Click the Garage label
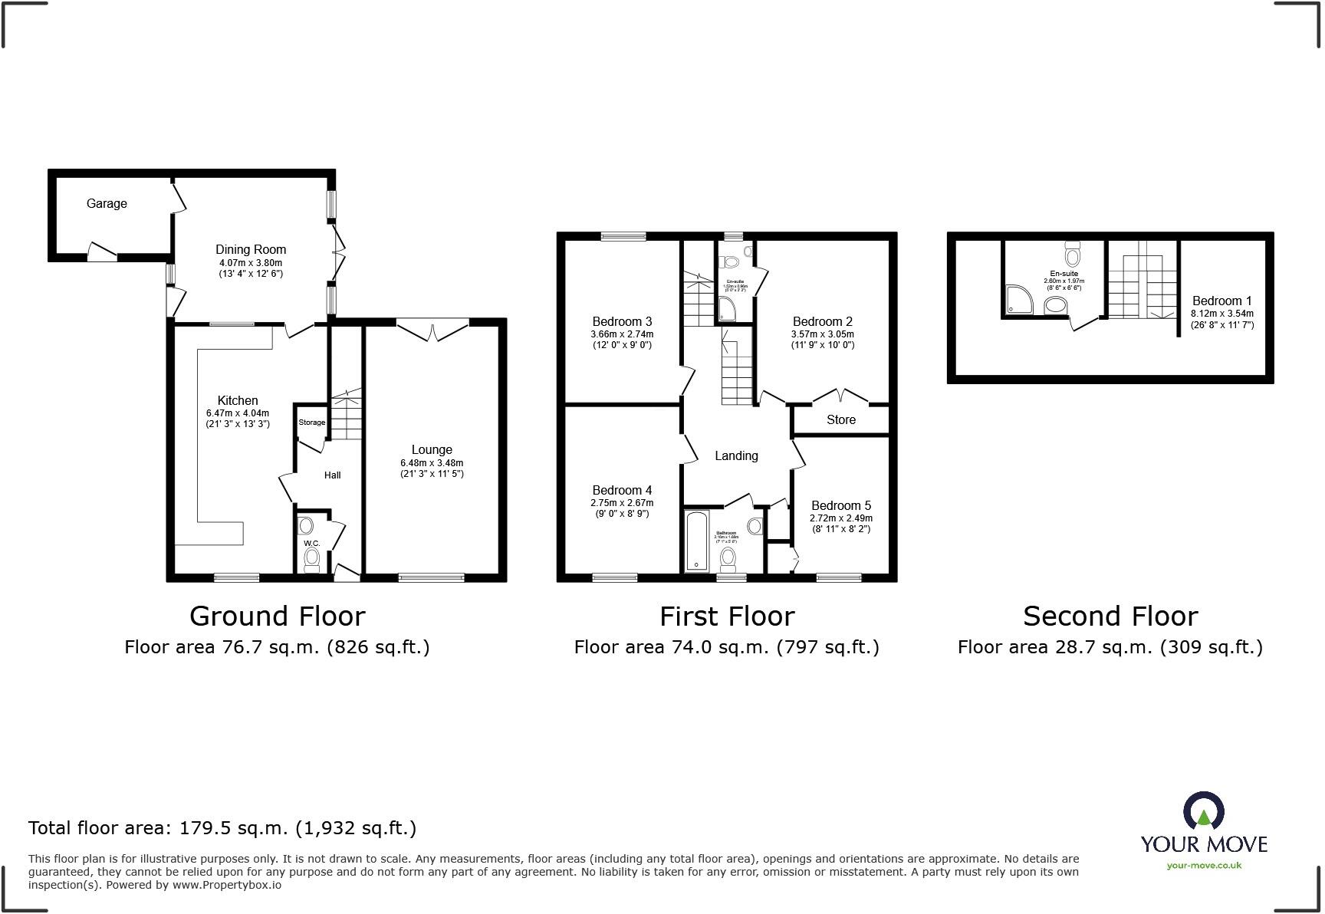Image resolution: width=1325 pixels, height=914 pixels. (x=107, y=203)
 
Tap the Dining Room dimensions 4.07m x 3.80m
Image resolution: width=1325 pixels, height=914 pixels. (x=251, y=263)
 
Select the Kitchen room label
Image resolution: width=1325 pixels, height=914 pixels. (x=238, y=400)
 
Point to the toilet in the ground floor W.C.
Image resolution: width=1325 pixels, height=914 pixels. (x=311, y=561)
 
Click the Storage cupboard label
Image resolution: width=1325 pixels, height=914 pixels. (x=312, y=422)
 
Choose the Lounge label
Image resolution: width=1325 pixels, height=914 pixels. (x=432, y=450)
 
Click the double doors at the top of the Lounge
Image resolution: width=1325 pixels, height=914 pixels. (x=433, y=330)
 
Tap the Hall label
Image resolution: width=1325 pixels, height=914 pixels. (x=332, y=475)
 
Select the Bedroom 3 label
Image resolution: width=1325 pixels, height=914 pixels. (x=622, y=321)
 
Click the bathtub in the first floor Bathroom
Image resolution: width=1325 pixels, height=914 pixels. (x=696, y=541)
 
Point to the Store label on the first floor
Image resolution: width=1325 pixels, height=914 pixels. (x=841, y=420)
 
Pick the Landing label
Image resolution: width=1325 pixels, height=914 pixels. (x=736, y=456)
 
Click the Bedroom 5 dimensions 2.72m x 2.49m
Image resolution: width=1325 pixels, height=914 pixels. (x=841, y=518)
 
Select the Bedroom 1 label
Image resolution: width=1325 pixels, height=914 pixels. (x=1222, y=301)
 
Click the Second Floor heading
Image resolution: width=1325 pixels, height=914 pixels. (x=1110, y=616)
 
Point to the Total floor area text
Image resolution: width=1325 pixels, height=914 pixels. (x=222, y=828)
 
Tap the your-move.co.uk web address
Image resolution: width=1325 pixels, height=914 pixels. (x=1204, y=866)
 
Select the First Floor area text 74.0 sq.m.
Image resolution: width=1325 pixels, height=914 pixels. (x=726, y=647)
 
